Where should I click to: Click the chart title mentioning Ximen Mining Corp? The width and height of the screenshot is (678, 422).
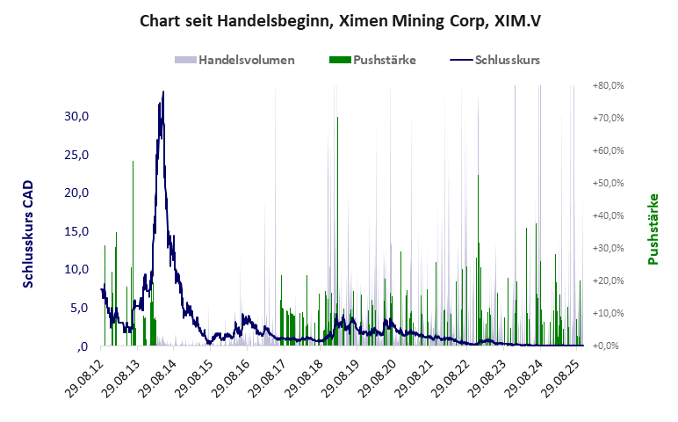pyautogui.click(x=340, y=19)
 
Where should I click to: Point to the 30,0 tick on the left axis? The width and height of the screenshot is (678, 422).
pyautogui.click(x=77, y=116)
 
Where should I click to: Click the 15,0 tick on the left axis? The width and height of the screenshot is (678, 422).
pyautogui.click(x=77, y=231)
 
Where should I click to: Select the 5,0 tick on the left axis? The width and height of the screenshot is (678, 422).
pyautogui.click(x=81, y=308)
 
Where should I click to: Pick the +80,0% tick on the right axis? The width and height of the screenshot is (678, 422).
pyautogui.click(x=608, y=85)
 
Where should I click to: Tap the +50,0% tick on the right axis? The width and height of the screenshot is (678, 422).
pyautogui.click(x=608, y=183)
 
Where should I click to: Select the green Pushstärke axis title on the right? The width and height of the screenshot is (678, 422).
pyautogui.click(x=653, y=229)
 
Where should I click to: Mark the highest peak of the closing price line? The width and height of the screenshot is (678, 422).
pyautogui.click(x=162, y=91)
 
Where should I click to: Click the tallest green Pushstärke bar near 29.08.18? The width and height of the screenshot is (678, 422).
pyautogui.click(x=337, y=119)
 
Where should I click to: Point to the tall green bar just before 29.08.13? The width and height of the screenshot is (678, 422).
pyautogui.click(x=133, y=162)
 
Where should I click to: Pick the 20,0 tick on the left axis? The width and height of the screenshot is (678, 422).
pyautogui.click(x=77, y=193)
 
